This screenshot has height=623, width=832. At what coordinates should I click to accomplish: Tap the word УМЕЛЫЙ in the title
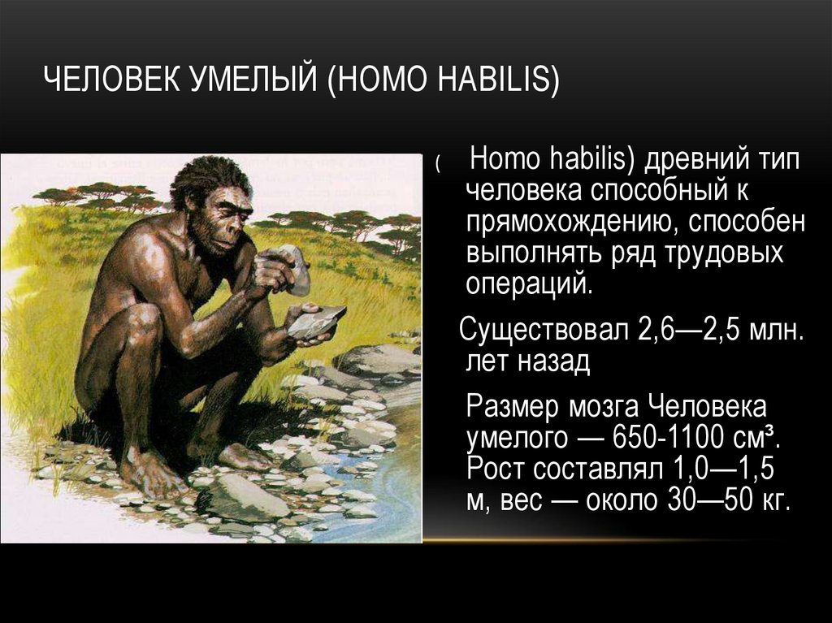coord(256,81)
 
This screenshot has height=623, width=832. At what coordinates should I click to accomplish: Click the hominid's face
coord(219,219)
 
